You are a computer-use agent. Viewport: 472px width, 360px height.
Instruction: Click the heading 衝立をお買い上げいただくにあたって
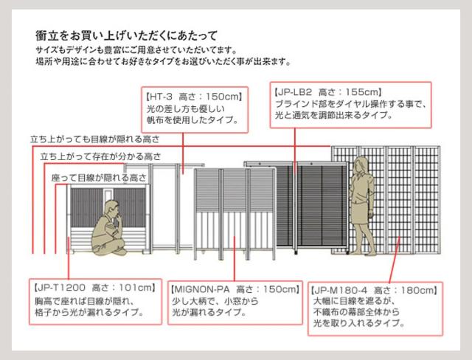tap(126, 36)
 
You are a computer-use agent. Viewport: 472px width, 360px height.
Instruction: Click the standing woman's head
tap(361, 165)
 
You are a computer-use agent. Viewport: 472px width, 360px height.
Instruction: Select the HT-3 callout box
tap(195, 110)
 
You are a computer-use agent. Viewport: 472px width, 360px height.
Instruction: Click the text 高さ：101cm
tap(123, 288)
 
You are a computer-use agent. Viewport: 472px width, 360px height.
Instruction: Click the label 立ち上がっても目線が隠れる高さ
tap(95, 139)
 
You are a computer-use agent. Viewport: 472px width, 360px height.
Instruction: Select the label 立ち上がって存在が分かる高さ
tap(101, 156)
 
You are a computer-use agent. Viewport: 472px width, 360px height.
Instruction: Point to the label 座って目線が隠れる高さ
tap(99, 178)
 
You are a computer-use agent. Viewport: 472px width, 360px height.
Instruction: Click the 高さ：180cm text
tap(405, 291)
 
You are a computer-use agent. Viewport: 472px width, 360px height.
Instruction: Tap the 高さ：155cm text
tap(350, 91)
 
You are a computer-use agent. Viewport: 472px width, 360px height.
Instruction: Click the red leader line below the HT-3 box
tap(183, 153)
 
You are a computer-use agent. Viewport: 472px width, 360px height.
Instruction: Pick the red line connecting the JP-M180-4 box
tap(395, 260)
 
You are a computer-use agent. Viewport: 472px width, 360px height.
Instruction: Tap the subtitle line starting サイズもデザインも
tap(136, 50)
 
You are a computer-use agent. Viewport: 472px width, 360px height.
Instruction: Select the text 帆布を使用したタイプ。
tap(192, 120)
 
